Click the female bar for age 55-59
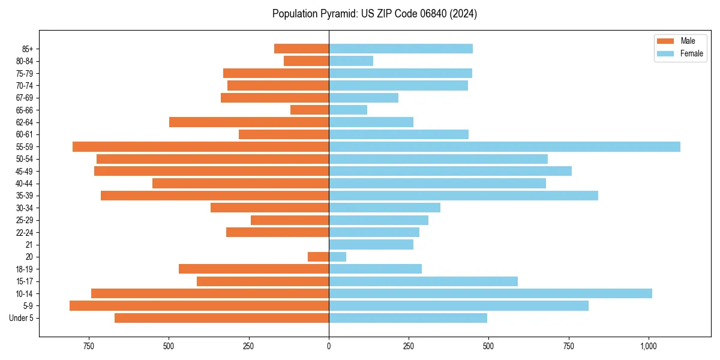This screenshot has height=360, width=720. point(504,146)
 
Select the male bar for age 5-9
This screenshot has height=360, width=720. point(199,306)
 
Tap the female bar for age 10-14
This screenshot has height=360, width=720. point(490,293)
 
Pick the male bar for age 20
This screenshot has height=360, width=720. point(319,257)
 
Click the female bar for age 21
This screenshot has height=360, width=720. point(371,245)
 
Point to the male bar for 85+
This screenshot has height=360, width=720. point(302,49)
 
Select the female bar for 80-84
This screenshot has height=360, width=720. point(351,61)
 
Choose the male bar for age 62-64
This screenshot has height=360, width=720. point(249,122)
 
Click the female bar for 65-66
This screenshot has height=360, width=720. point(348,110)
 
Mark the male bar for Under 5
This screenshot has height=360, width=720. point(222,318)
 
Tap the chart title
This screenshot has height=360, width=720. point(374,14)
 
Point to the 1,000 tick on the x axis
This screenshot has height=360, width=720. point(649,346)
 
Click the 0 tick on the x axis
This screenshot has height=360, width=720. point(329,346)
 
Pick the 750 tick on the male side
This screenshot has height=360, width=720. point(89,346)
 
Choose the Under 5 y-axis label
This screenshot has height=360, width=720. point(22,318)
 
